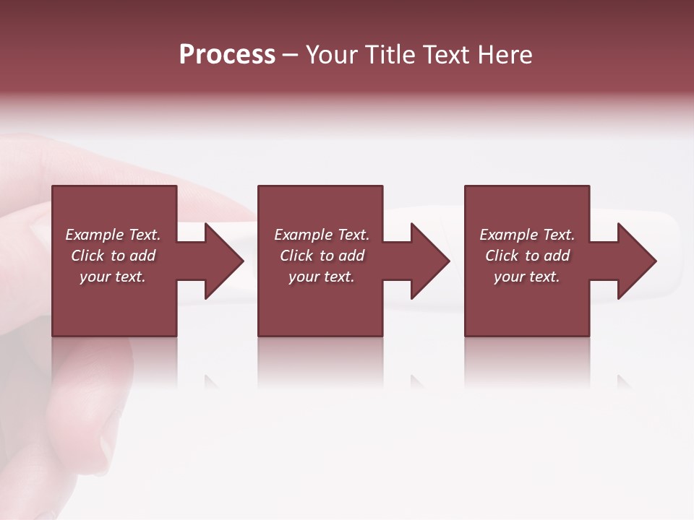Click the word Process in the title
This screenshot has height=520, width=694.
pos(227,55)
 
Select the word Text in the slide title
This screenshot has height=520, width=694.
pos(445,55)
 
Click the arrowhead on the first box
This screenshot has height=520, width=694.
pos(224,261)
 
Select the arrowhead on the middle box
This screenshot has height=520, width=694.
pos(430,261)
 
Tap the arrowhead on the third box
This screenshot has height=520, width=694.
pos(636,261)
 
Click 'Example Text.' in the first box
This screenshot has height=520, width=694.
pos(113,235)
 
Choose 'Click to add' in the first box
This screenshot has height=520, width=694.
pos(113,256)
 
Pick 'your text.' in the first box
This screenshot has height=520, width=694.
pos(113,277)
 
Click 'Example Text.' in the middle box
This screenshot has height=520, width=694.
pos(322,235)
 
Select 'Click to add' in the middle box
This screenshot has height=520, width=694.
pos(322,256)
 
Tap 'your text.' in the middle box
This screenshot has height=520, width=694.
pos(322,277)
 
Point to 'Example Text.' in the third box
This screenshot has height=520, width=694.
pos(527,235)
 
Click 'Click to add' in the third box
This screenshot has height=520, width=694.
pos(527,256)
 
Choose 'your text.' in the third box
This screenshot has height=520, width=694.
pos(527,277)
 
